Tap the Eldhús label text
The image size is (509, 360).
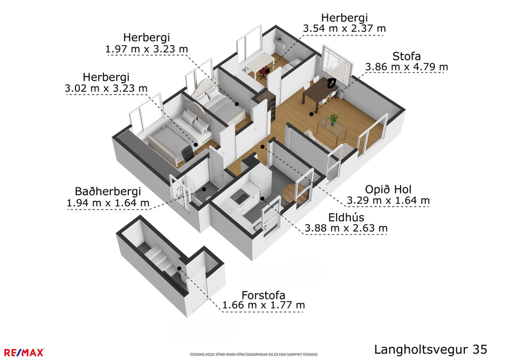346,217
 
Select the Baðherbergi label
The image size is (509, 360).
108,192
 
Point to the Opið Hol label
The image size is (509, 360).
388,190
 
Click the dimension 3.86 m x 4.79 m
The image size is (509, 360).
406,67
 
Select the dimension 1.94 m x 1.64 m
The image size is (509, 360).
108,203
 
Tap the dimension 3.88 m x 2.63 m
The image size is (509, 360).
346,228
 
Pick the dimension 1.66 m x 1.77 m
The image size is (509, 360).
264,305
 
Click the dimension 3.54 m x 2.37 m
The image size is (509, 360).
344,28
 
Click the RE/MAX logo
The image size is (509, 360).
24,352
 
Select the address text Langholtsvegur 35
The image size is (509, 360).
430,350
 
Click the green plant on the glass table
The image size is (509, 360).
333,119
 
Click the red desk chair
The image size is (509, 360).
264,72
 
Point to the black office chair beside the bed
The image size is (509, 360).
187,153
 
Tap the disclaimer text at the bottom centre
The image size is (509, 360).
254,354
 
